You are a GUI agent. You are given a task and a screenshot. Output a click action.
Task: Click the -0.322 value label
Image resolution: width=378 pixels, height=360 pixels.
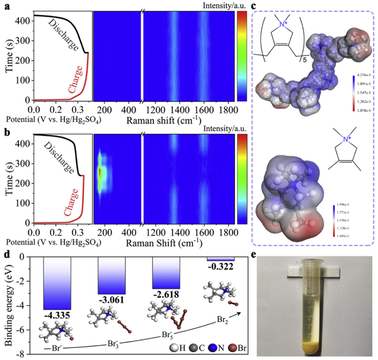220,267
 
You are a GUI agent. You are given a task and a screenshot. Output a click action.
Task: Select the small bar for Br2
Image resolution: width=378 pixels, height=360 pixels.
220,259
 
